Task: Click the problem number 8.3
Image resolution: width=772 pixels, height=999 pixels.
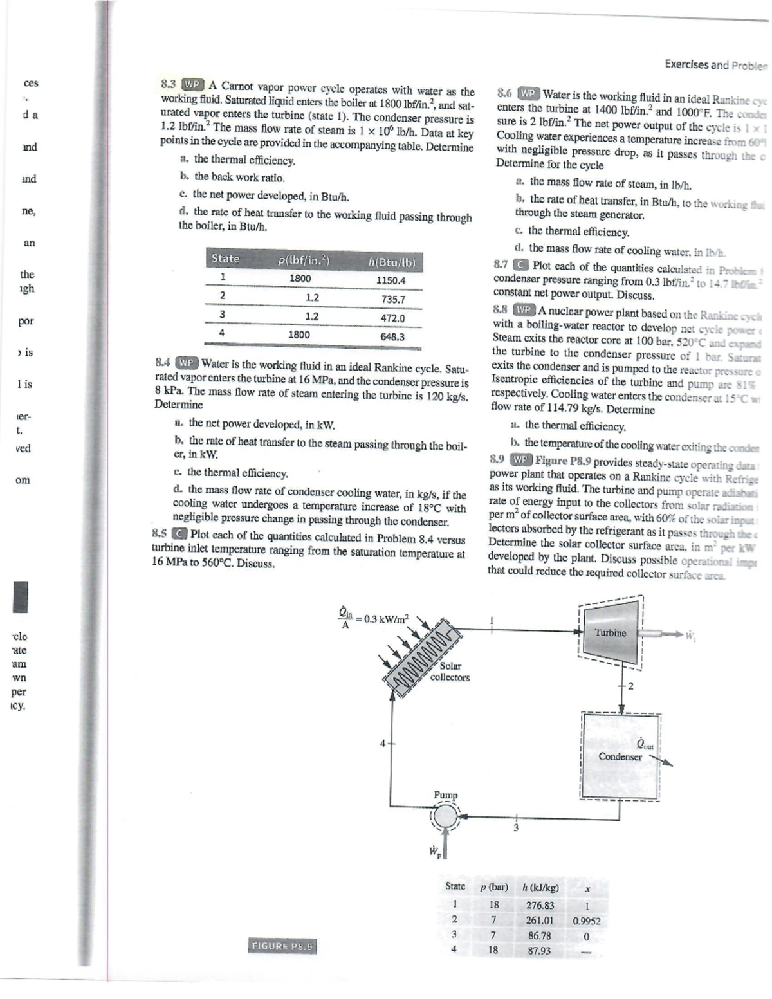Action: coord(167,84)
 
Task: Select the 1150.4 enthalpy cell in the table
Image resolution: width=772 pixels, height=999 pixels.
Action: coord(391,280)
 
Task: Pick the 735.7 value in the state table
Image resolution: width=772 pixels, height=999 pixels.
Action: coord(393,299)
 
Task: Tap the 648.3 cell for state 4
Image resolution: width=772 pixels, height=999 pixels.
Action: coord(392,336)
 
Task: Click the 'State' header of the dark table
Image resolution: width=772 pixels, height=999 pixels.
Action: coord(225,259)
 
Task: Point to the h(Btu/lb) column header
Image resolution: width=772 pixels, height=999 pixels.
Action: coord(392,262)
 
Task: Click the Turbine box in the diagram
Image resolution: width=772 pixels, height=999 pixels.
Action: coord(610,633)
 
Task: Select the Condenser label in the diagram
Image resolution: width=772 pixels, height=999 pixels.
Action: coord(620,756)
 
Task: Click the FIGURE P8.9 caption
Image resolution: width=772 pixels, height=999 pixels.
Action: coord(282,946)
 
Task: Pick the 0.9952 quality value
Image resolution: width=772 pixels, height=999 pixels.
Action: coord(586,921)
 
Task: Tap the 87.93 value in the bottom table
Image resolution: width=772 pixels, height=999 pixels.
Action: coord(539,950)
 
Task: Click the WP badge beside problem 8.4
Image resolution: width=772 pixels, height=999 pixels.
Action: coord(187,362)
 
